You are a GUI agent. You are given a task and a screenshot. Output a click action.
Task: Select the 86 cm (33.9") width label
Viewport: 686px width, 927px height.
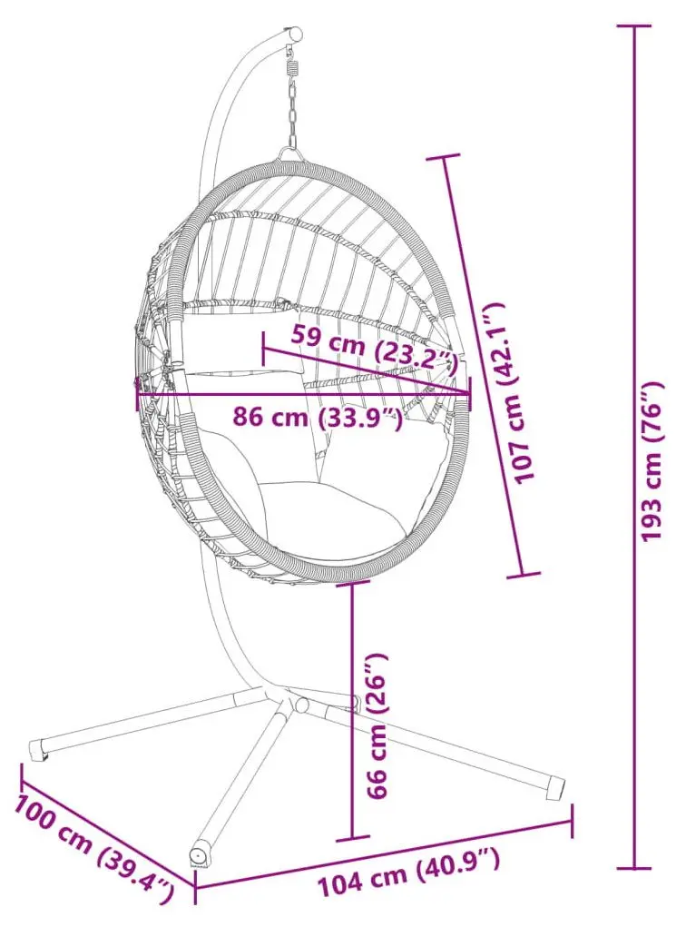pos(318,418)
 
